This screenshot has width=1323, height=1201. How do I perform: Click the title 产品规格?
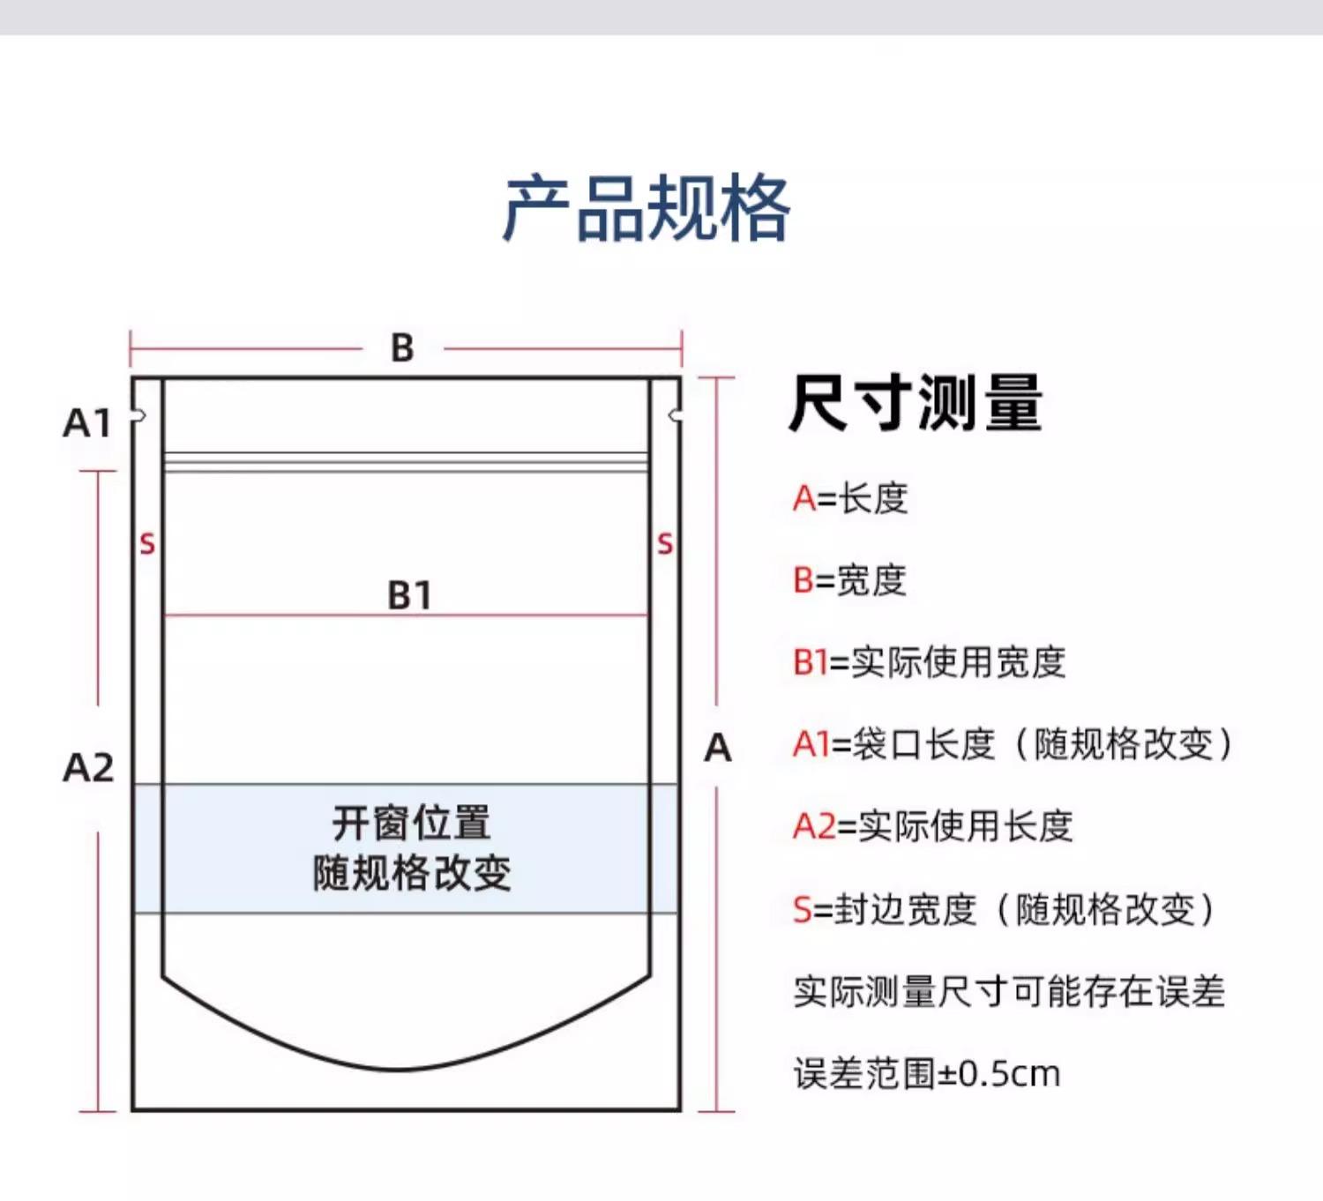tap(647, 209)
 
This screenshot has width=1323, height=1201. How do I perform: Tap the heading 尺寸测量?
tap(916, 403)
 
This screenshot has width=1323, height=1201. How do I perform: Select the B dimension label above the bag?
tap(402, 348)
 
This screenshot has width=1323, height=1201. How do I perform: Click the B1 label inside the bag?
tap(409, 595)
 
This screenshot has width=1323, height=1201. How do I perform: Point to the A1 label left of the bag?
tap(87, 423)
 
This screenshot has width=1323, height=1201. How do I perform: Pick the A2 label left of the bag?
tap(88, 768)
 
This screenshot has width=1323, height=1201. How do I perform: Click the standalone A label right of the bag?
tap(718, 749)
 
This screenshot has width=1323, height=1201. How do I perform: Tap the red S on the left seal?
tap(147, 544)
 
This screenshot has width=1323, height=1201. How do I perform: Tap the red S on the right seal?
tap(665, 544)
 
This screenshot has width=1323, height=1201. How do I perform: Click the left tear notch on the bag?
tap(138, 415)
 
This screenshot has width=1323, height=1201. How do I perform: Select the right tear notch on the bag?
tap(675, 415)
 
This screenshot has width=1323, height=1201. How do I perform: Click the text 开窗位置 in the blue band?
tap(411, 823)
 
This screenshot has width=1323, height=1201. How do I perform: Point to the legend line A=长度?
tap(850, 499)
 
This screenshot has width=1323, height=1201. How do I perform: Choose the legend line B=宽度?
tap(849, 580)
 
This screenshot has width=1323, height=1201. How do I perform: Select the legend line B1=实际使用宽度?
tap(929, 662)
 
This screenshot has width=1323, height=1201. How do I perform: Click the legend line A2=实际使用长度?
tap(932, 826)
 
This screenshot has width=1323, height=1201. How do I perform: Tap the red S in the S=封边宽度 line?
tap(802, 909)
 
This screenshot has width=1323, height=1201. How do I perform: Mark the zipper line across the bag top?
tap(406, 462)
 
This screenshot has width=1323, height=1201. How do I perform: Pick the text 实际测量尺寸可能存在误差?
tap(1009, 992)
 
